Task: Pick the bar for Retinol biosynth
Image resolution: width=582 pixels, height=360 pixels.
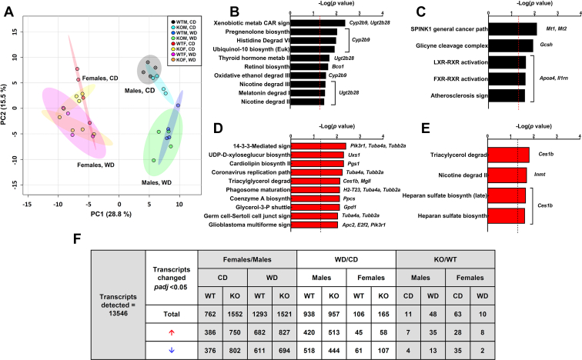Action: (311, 67)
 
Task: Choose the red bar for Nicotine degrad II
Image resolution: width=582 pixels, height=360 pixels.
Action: (509, 176)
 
